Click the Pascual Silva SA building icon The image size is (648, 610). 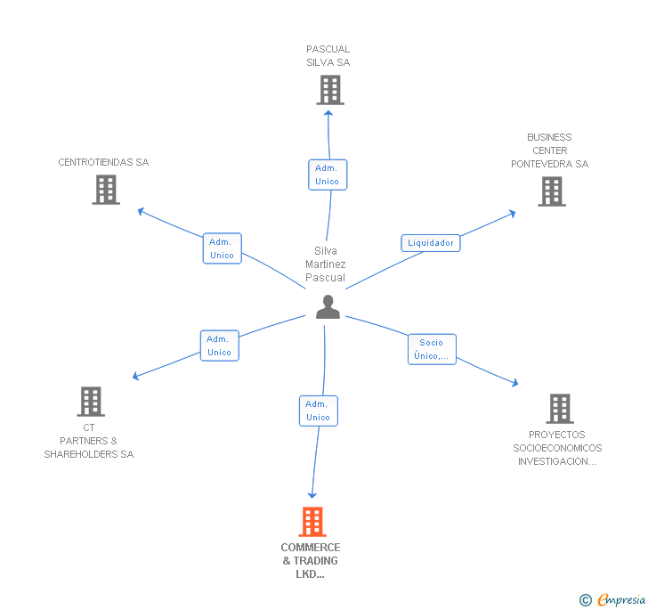point(330,90)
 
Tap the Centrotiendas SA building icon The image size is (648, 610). point(106,190)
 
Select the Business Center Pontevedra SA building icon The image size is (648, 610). point(552,191)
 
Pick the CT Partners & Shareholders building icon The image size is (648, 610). point(91,402)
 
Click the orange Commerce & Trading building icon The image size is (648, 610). point(312,522)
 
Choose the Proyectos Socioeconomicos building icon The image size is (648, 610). point(560,409)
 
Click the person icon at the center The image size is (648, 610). point(328,307)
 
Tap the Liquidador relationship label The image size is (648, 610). point(431,243)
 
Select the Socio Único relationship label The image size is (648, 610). point(432,349)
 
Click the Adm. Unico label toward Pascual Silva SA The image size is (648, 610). point(327,175)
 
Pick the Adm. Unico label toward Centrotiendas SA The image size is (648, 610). point(222,248)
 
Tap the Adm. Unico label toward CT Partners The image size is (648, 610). point(219,346)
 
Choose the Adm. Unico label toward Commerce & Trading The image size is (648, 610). point(318,411)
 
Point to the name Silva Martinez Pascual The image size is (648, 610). point(326,264)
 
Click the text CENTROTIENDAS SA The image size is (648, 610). point(103,162)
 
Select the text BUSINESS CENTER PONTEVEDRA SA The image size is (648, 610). point(549,150)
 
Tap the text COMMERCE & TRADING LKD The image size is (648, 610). point(311,561)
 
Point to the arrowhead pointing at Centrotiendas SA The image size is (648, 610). point(140,210)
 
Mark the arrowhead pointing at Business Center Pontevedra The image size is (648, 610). point(512,213)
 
